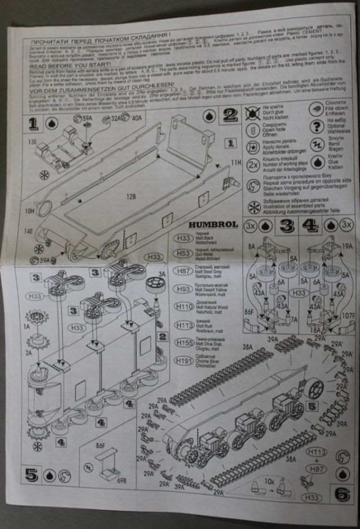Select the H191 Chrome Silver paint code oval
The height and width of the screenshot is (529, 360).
click(183, 360)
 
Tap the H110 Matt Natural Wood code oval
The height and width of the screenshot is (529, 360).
click(183, 306)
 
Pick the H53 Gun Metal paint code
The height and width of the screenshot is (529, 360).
click(183, 254)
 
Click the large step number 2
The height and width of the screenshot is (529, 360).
click(230, 116)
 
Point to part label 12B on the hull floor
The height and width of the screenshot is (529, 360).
click(131, 197)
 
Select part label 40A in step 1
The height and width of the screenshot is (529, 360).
click(137, 118)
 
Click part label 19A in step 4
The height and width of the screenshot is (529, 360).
click(347, 246)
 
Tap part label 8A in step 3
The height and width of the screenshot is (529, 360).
click(251, 246)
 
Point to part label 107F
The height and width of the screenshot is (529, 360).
click(348, 316)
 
